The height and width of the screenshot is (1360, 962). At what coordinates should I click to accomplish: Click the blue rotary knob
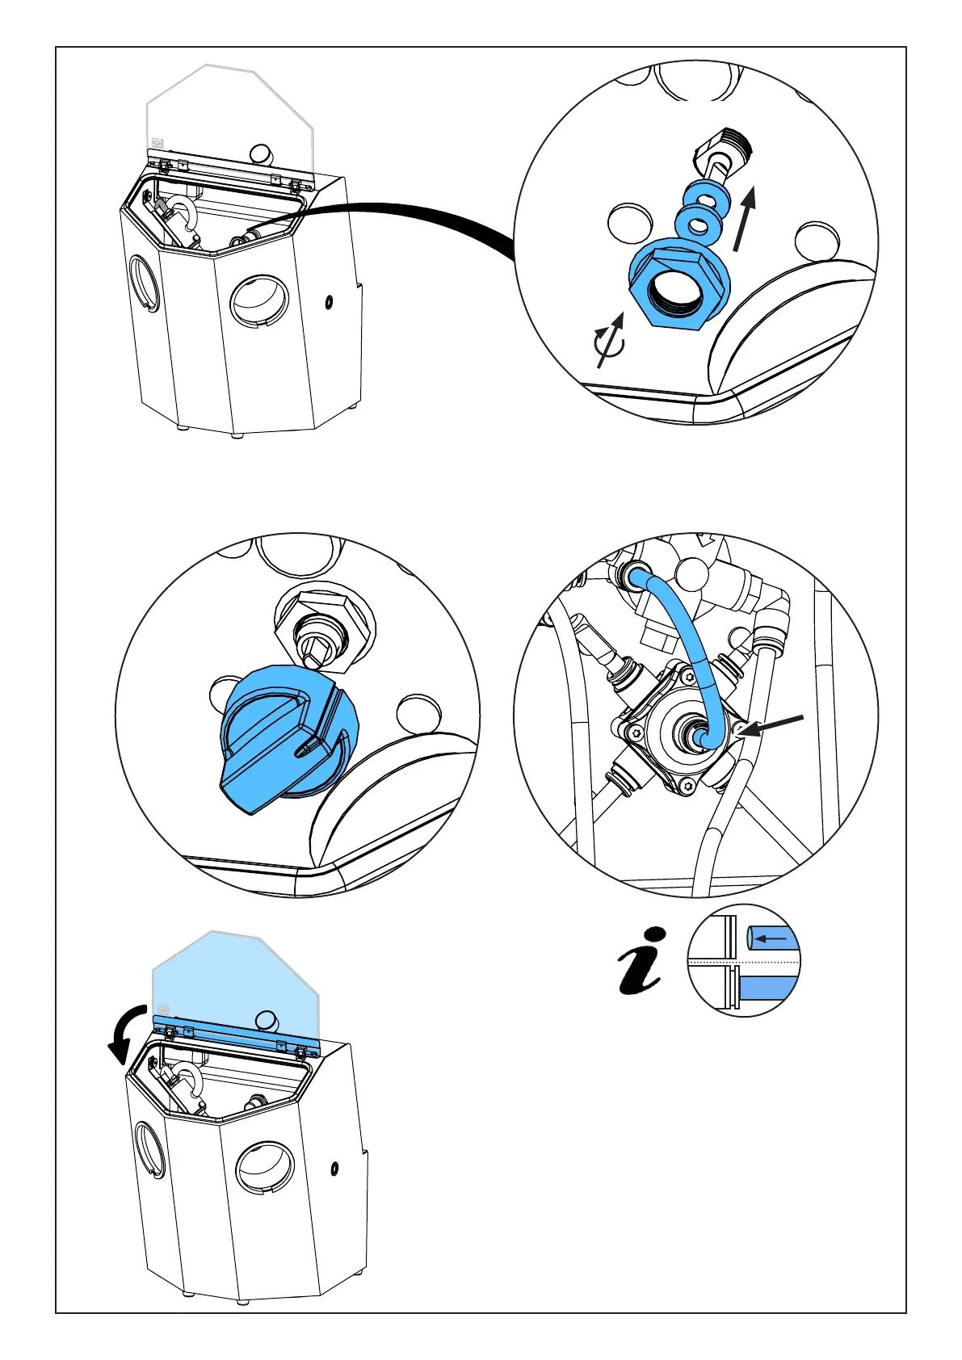tap(279, 738)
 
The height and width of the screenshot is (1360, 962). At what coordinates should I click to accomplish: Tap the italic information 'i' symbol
tap(641, 960)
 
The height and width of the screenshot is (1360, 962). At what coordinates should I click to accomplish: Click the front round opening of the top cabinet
tap(258, 301)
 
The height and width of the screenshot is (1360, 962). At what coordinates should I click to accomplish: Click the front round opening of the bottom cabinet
tap(264, 1168)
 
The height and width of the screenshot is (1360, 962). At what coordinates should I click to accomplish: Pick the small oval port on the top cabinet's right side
tap(330, 303)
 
